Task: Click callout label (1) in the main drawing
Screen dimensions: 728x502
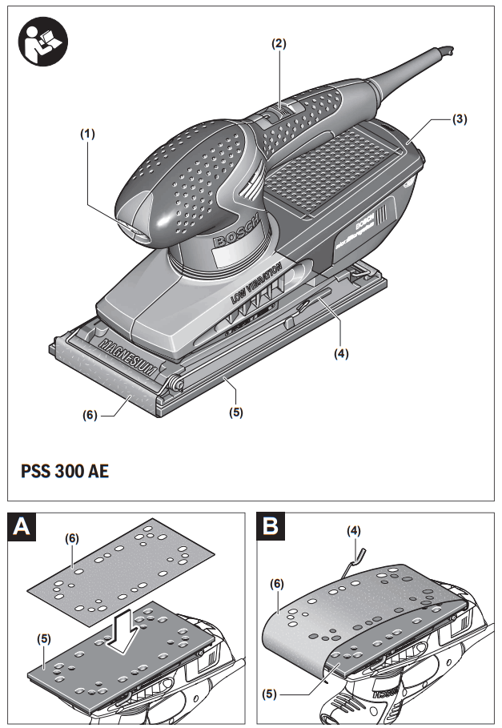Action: click(x=86, y=135)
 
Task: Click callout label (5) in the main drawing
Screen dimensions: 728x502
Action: click(x=235, y=412)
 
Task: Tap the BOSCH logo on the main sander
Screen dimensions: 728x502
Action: click(x=235, y=231)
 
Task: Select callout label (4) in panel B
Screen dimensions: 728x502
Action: click(x=353, y=530)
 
